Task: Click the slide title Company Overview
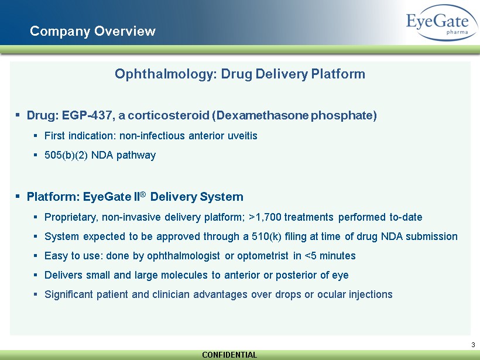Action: (92, 31)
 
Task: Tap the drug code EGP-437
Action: (87, 115)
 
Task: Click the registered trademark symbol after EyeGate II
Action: (143, 194)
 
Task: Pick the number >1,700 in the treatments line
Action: (265, 217)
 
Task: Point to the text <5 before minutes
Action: (311, 256)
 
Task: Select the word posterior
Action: (296, 275)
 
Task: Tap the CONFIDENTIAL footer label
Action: (229, 355)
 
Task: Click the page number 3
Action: (473, 345)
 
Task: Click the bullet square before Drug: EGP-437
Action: (18, 115)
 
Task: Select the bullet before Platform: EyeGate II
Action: (18, 196)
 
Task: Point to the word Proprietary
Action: (71, 217)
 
